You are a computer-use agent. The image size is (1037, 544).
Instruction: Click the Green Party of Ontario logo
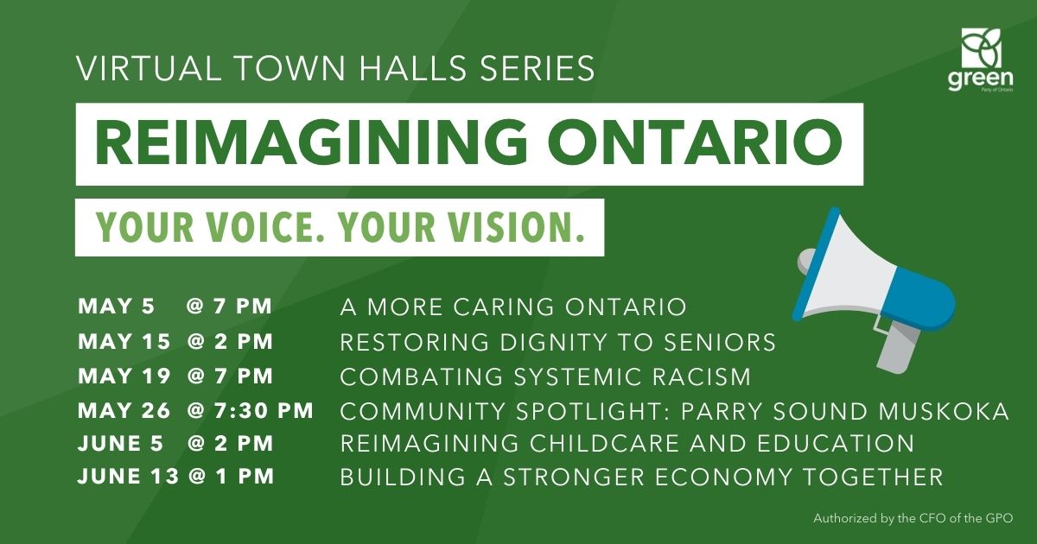click(981, 60)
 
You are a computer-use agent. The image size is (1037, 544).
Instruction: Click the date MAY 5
click(116, 307)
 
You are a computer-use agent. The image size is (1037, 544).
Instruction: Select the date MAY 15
click(124, 342)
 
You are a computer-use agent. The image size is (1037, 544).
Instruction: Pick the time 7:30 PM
click(264, 411)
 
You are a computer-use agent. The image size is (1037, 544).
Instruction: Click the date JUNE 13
click(128, 477)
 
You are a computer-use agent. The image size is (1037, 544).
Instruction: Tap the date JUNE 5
click(120, 444)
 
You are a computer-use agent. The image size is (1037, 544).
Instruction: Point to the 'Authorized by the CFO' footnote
click(913, 519)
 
